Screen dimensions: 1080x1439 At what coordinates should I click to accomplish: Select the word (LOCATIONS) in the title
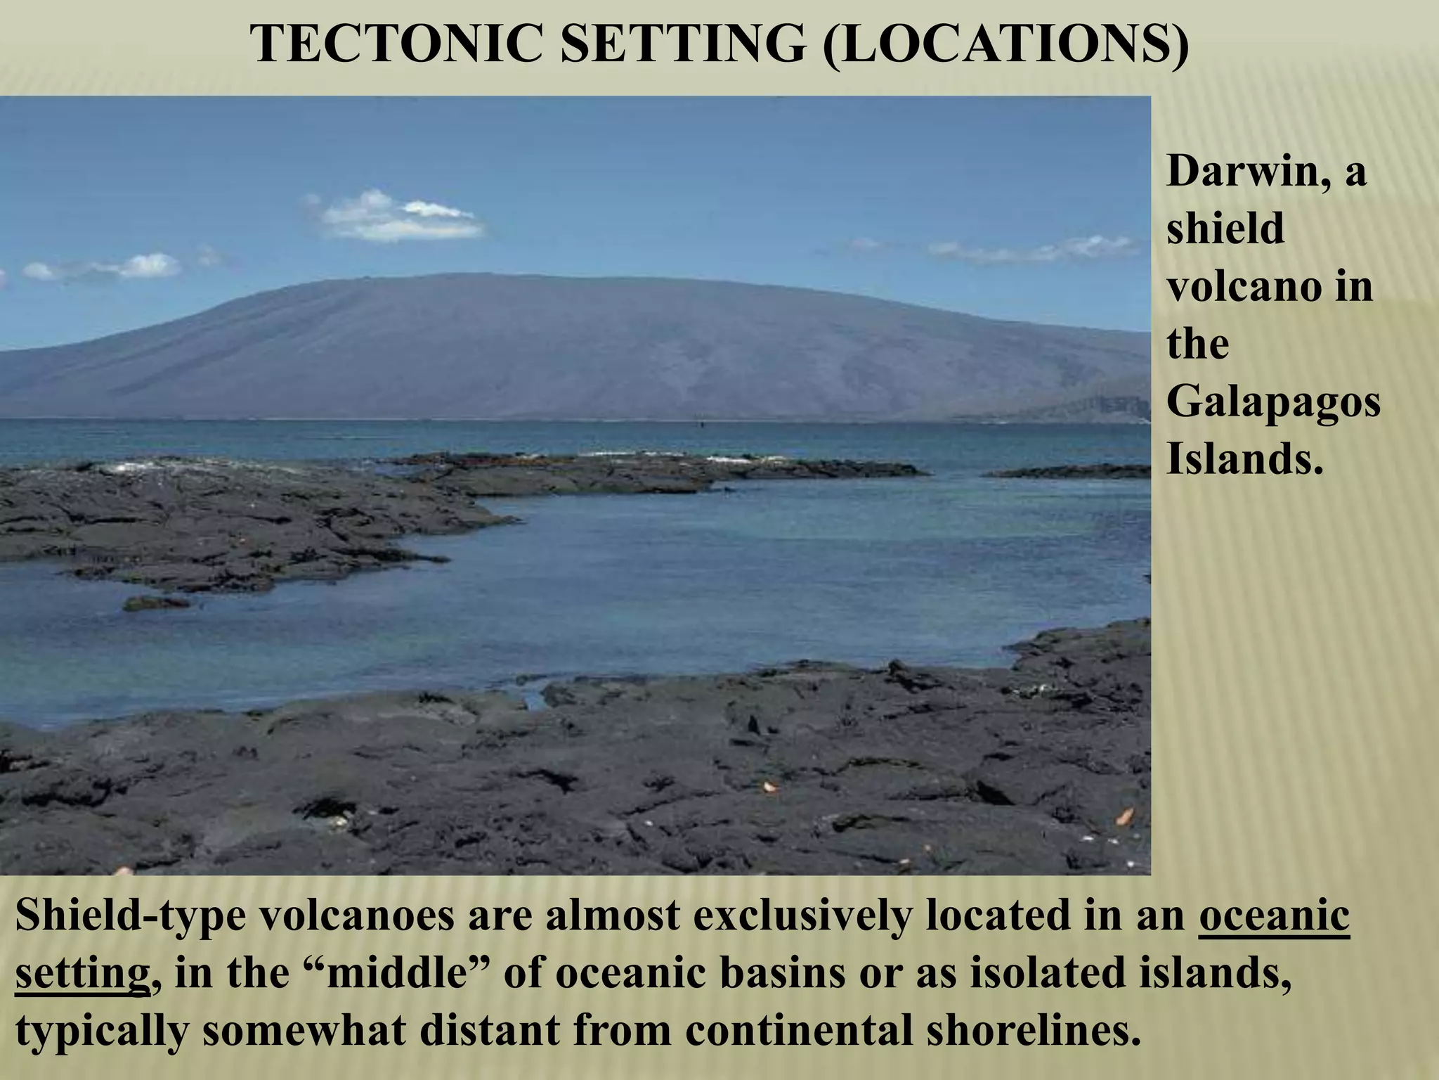pyautogui.click(x=1005, y=44)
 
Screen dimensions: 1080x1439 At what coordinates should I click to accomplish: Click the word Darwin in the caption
pyautogui.click(x=1248, y=172)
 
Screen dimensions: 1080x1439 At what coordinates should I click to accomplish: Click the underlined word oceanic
pyautogui.click(x=1274, y=917)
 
